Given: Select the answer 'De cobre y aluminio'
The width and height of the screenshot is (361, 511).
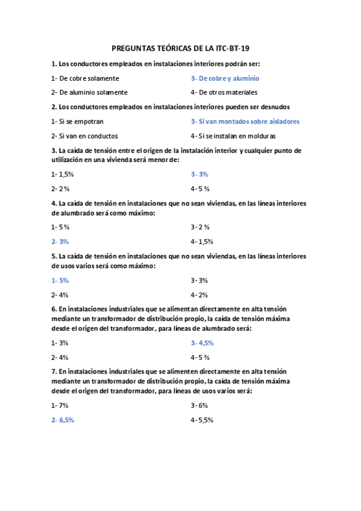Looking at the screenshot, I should [225, 78].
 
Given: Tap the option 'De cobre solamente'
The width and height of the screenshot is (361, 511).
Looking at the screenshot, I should [86, 78].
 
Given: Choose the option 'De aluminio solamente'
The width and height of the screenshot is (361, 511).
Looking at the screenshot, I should [89, 92].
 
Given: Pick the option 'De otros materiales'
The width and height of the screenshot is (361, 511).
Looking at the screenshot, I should [224, 92].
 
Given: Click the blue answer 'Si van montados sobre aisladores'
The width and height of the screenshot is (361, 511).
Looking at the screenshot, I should [245, 121].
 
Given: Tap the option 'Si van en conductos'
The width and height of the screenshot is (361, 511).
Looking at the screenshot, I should [84, 136].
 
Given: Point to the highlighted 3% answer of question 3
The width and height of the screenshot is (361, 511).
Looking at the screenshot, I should [199, 174].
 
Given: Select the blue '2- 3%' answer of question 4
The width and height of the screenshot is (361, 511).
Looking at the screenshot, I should [60, 242].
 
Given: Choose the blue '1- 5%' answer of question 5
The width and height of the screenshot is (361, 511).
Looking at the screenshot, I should [60, 280].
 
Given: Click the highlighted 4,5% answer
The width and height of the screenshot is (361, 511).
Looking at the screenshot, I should [202, 343].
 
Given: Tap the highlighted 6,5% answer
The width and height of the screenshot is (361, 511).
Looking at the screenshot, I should [63, 420].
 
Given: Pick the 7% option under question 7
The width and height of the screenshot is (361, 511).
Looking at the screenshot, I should [60, 406].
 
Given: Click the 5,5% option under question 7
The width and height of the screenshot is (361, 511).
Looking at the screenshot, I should [202, 420].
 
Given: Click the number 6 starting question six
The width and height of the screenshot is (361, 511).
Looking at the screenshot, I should [53, 310].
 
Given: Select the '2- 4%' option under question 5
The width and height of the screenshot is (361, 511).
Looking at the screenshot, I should [60, 295].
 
